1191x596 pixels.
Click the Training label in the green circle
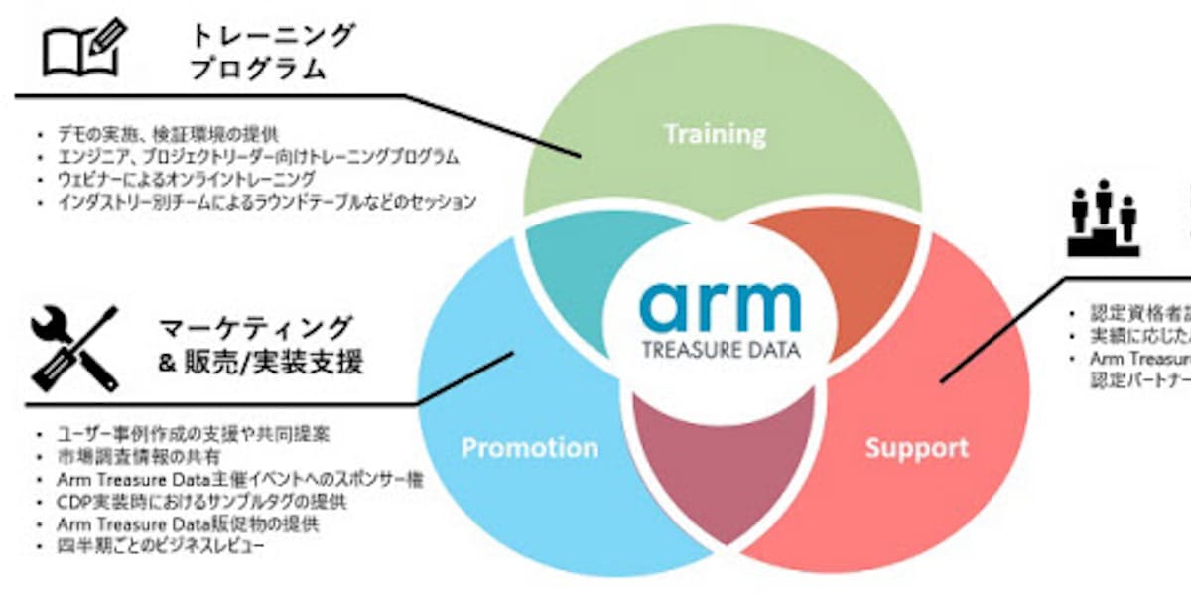point(715,134)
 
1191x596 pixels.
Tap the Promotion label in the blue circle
point(529,448)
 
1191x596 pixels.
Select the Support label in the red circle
point(916,448)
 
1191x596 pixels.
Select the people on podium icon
point(1102,218)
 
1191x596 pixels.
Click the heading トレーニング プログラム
point(272,53)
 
